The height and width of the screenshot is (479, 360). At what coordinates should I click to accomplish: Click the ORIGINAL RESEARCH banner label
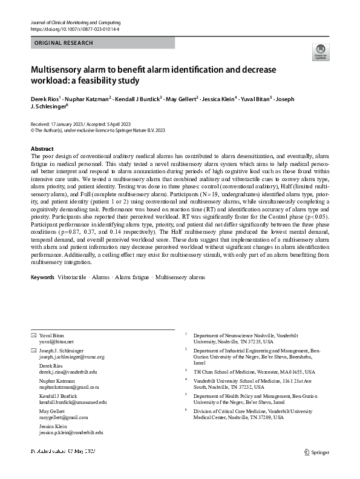(x=64, y=43)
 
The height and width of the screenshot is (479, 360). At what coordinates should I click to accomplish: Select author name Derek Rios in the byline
(x=48, y=98)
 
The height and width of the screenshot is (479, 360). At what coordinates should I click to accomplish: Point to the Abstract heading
(x=42, y=148)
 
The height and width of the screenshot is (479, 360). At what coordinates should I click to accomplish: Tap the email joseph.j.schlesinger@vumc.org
(x=72, y=357)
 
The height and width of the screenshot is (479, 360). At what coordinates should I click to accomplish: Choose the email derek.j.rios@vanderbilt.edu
(x=68, y=372)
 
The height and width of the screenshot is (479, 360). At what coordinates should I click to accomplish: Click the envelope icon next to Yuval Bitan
(x=33, y=335)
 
